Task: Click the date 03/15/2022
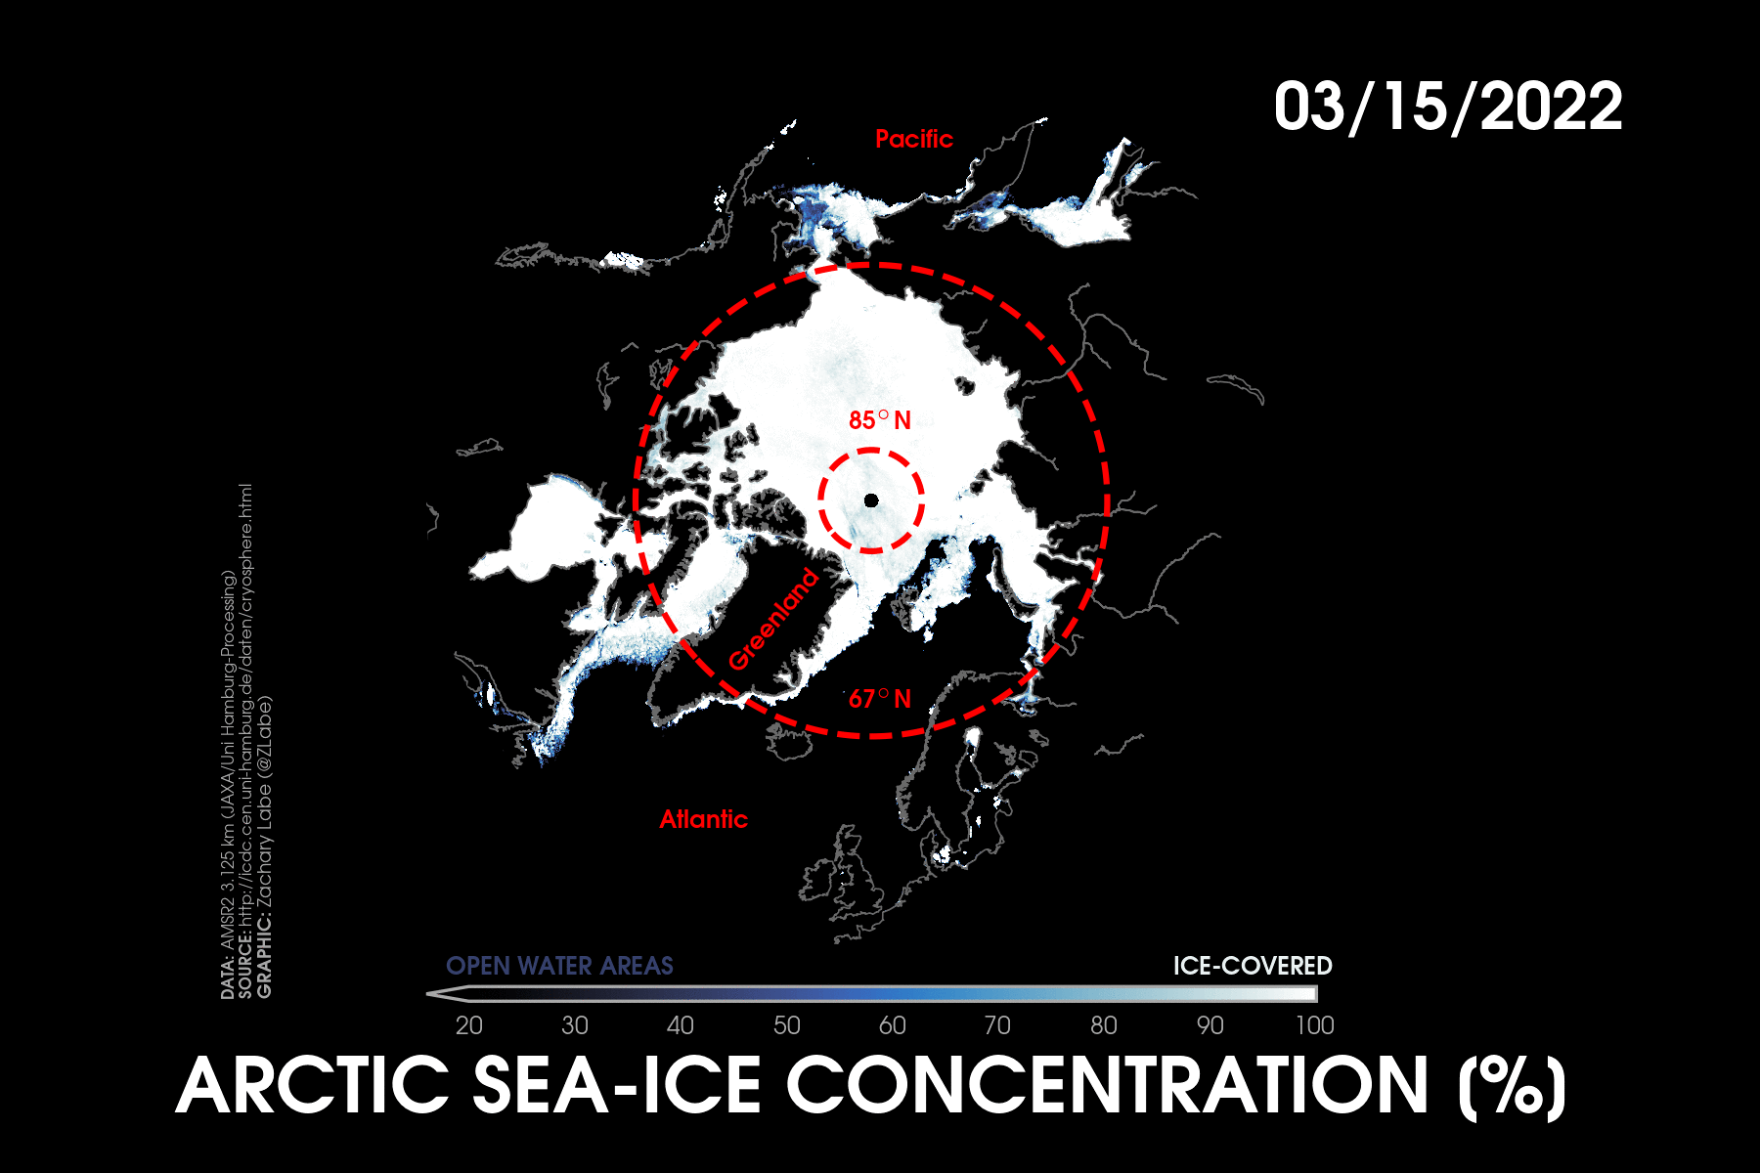pos(1448,107)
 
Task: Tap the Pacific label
pos(914,139)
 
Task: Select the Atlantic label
pos(703,819)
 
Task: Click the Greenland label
pos(772,620)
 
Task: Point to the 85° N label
pos(880,420)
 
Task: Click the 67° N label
pos(880,699)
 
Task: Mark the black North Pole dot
pos(871,500)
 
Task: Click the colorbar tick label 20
pos(469,1025)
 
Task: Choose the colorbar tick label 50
pos(787,1025)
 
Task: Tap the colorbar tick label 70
pos(997,1025)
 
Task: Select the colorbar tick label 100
pos(1315,1025)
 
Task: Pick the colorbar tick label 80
pos(1104,1025)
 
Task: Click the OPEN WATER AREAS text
pos(559,966)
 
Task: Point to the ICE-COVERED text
pos(1253,966)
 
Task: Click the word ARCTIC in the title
pos(312,1086)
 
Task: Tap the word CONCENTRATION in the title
pos(1108,1086)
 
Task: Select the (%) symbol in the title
pos(1512,1088)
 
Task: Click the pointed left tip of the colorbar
pos(428,994)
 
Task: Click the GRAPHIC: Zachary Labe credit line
pos(265,847)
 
